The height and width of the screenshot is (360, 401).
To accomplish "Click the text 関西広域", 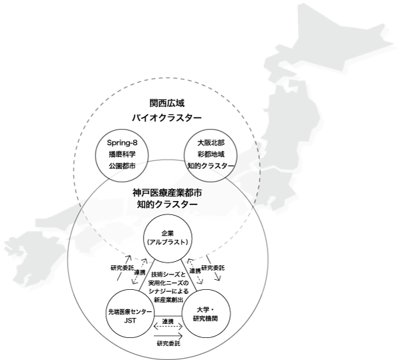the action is (x=166, y=103).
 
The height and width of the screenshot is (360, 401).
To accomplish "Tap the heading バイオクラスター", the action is (x=166, y=118).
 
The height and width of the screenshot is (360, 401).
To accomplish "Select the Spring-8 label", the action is (x=122, y=142).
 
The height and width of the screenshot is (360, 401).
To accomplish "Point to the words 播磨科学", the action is (x=122, y=154).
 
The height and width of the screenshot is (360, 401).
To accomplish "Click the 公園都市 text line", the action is (x=122, y=166).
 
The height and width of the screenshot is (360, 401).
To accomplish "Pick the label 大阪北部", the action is (x=211, y=142).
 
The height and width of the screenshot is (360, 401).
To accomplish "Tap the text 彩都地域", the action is (x=211, y=154).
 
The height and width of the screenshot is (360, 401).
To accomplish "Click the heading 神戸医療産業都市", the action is (x=167, y=192).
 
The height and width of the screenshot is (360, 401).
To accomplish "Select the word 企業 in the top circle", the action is (x=168, y=233).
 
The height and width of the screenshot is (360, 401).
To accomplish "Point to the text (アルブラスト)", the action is (x=168, y=242).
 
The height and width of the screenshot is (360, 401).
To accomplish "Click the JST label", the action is (x=130, y=321).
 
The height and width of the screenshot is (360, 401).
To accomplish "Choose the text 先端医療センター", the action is (x=130, y=312).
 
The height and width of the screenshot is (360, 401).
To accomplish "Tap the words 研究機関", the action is (x=205, y=319).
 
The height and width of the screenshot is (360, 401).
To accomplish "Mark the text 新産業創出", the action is (x=168, y=300).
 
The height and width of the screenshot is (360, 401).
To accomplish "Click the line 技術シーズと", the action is (x=168, y=275).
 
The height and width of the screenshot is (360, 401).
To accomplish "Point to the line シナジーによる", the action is (x=168, y=291).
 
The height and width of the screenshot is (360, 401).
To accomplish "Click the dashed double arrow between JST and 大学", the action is (x=168, y=327).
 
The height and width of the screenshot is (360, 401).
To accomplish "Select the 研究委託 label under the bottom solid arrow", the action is (x=168, y=343).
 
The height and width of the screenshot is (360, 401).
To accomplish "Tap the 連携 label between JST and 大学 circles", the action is (x=168, y=321).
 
